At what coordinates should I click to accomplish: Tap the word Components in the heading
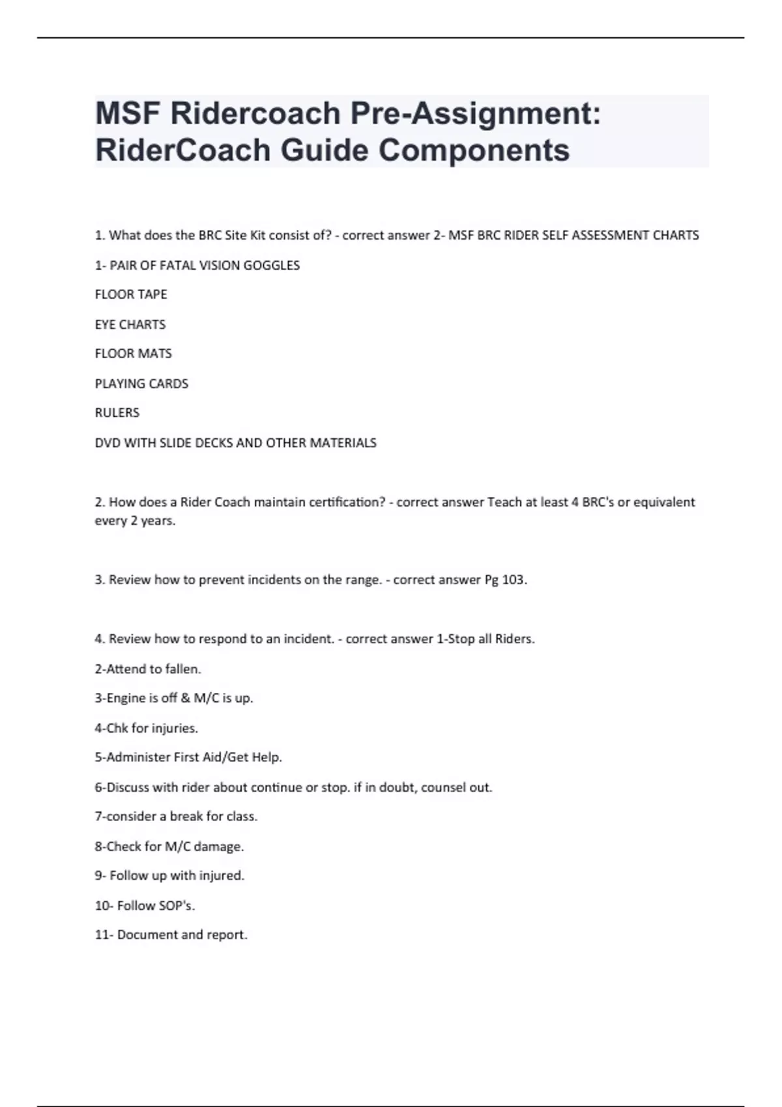click(474, 150)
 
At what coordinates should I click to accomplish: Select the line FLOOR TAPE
click(131, 294)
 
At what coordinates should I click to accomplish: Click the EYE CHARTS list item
click(130, 324)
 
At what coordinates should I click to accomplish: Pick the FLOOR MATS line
click(134, 354)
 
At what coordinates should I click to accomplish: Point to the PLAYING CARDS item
click(141, 384)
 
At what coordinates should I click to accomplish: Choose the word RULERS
click(117, 413)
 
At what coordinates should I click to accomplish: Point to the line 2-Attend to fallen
click(148, 669)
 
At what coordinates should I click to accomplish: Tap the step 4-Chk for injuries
click(146, 728)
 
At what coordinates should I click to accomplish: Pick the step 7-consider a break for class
click(176, 817)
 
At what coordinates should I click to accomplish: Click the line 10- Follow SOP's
click(145, 905)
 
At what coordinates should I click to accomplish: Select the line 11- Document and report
click(171, 935)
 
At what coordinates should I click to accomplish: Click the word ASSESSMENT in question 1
click(611, 235)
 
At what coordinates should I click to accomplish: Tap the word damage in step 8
click(218, 847)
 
